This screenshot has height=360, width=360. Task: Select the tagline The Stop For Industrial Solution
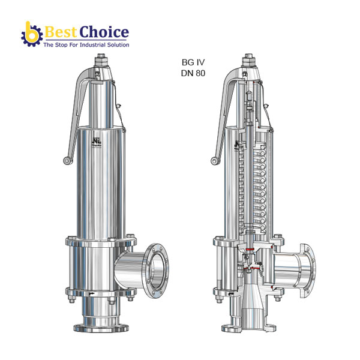pos(85,45)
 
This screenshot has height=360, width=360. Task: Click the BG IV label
pos(193,62)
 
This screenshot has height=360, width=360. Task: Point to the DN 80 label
pos(193,73)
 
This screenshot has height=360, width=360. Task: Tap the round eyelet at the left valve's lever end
pos(65,160)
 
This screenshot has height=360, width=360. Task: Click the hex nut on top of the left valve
pos(101,60)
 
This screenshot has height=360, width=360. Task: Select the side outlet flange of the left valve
pos(158,269)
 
